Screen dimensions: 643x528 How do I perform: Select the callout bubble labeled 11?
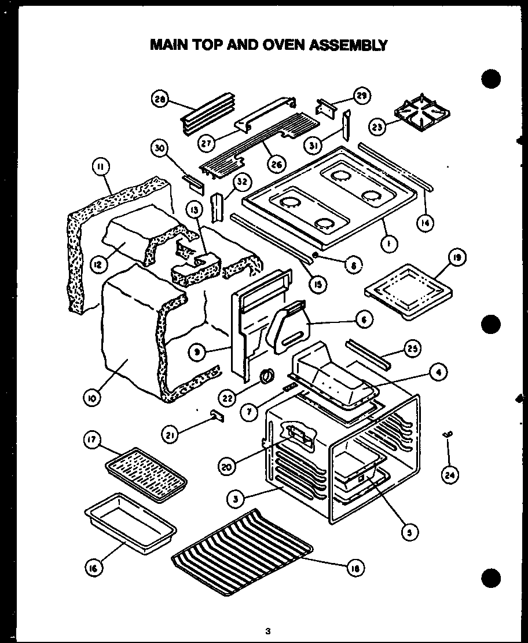point(101,169)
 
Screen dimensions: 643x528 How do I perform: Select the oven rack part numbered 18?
point(243,551)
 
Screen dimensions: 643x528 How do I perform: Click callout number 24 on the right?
point(449,474)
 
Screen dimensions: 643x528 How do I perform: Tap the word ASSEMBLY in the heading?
point(352,45)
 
